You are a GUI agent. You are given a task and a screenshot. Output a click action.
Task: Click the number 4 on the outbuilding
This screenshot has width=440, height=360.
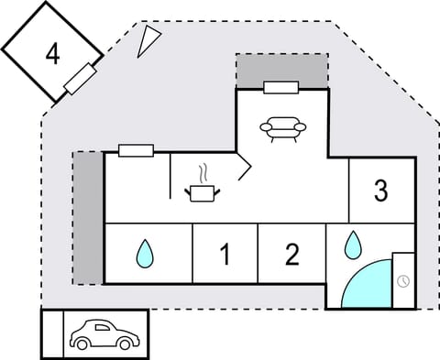click(x=52, y=53)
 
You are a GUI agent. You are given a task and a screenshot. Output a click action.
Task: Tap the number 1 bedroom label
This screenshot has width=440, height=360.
click(x=225, y=255)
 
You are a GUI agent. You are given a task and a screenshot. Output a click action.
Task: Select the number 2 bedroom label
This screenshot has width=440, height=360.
click(x=291, y=255)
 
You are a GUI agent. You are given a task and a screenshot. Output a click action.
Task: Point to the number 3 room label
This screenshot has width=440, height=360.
click(x=381, y=191)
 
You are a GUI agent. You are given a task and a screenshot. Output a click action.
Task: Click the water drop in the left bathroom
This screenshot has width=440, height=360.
click(x=144, y=254)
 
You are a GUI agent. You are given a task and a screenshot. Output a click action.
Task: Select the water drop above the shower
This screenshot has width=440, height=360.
click(x=353, y=245)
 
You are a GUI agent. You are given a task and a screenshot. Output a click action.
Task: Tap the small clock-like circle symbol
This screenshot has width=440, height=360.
click(x=404, y=279)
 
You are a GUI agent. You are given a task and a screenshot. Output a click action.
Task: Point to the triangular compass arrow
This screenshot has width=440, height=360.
click(x=148, y=39)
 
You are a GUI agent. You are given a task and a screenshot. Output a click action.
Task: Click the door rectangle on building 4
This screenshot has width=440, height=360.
click(x=82, y=79)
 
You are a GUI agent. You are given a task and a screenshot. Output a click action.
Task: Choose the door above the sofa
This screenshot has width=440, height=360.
click(x=280, y=87)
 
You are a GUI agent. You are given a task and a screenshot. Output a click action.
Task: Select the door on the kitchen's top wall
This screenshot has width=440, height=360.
click(x=136, y=151)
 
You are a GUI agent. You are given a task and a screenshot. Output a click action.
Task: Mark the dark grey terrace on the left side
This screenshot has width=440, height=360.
click(x=88, y=217)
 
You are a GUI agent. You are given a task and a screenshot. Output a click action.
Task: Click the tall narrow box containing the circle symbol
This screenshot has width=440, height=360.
click(x=403, y=279)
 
